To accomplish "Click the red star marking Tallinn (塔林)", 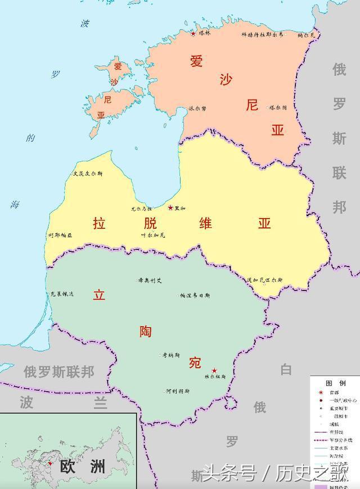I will pos(193,34).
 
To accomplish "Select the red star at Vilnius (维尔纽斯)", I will pos(214,371).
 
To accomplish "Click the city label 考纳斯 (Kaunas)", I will pos(171,355).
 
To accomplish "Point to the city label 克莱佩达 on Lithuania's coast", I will pos(61,294).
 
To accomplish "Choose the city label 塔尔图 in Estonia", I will pos(277,107).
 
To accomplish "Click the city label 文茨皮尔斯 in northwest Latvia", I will pos(88,174).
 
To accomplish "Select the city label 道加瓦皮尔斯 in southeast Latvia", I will pos(264,279).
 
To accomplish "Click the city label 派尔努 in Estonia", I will pos(197,108).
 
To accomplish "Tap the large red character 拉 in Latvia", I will pos(99,223).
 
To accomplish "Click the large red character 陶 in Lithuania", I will pos(146,332).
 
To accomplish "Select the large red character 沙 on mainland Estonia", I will pos(226,80).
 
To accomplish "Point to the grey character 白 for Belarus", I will pos(286,369).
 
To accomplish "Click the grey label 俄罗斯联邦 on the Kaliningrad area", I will pos(58,372).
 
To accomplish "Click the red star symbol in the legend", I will pos(320,392).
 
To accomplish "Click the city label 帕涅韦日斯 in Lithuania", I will pos(195,295).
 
